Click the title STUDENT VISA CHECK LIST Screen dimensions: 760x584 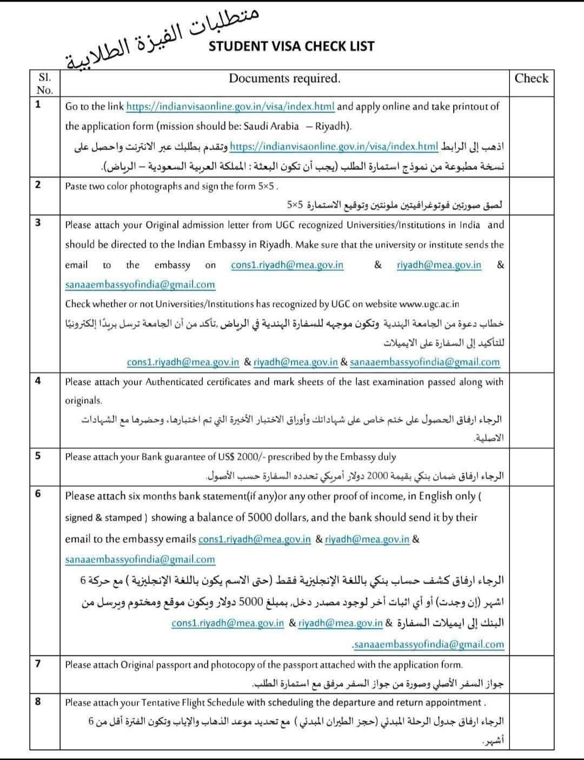click(x=291, y=46)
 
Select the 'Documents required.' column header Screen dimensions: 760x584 click(x=284, y=78)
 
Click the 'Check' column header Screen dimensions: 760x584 click(x=531, y=78)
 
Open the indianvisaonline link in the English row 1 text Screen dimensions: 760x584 click(x=230, y=107)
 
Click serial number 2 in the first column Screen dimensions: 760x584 click(x=38, y=185)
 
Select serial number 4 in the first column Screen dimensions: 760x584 click(x=38, y=381)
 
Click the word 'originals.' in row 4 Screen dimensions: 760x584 click(x=84, y=401)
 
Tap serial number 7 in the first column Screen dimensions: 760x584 click(x=38, y=664)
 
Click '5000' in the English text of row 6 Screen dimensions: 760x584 click(x=259, y=517)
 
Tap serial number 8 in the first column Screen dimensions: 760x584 click(x=38, y=702)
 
